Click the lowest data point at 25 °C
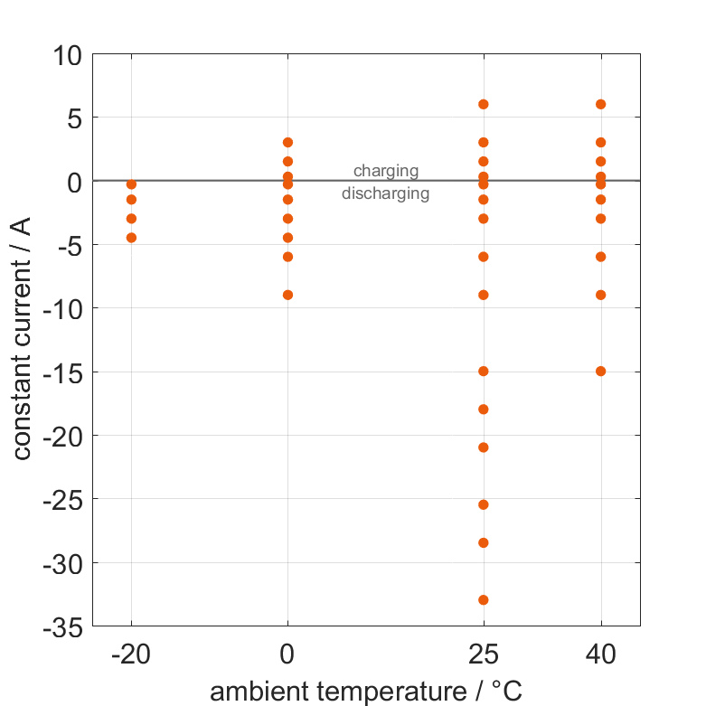(x=484, y=600)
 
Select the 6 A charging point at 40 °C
(x=601, y=104)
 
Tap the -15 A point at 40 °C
(x=601, y=372)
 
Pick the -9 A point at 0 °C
(x=287, y=295)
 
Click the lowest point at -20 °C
(x=131, y=238)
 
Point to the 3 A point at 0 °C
(x=287, y=143)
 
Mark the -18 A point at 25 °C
(x=484, y=409)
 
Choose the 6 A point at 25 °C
(x=484, y=104)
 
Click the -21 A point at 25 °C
(x=484, y=447)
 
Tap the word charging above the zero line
(x=386, y=170)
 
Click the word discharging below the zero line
(x=386, y=193)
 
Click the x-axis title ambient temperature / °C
(x=366, y=692)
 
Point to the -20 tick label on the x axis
(x=131, y=654)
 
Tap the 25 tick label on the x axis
(x=484, y=654)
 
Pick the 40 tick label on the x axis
(x=601, y=654)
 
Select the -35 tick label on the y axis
(x=61, y=626)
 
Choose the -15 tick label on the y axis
(x=61, y=372)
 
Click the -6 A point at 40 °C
(x=601, y=257)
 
